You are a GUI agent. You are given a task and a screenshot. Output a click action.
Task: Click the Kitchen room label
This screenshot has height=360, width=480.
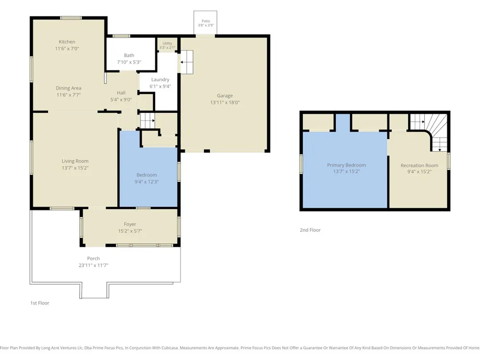click(67, 42)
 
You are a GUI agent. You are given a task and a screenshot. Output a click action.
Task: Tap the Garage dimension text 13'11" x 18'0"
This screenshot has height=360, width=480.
click(225, 103)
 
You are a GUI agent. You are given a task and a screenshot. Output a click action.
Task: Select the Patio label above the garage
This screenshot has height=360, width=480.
click(206, 21)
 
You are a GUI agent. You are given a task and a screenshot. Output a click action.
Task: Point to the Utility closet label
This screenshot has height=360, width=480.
click(167, 44)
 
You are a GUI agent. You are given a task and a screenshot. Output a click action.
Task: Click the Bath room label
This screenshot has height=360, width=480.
click(129, 55)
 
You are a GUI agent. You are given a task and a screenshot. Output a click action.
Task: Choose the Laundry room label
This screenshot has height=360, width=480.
click(160, 80)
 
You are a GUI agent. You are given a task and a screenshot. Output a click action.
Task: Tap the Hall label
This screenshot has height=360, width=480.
click(121, 93)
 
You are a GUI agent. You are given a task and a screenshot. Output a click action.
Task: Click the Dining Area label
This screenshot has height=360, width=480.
click(68, 88)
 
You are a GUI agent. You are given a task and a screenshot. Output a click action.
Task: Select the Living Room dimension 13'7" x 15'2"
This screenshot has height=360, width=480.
click(75, 168)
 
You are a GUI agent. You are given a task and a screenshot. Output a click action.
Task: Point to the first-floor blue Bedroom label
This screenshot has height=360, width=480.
click(146, 175)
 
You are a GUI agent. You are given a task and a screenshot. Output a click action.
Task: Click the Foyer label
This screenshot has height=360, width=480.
click(130, 224)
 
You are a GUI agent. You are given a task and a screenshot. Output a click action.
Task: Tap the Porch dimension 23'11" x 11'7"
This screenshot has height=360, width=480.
click(94, 265)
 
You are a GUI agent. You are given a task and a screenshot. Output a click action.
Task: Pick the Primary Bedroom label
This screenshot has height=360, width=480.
click(346, 165)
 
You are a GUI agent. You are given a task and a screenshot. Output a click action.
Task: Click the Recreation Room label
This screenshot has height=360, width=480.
click(419, 165)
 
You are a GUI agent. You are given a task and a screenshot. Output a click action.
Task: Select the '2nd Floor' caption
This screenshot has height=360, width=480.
click(310, 230)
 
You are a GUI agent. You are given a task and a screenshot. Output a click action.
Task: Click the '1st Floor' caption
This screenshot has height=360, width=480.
click(39, 303)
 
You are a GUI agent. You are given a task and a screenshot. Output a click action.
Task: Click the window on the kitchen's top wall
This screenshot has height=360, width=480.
click(71, 18)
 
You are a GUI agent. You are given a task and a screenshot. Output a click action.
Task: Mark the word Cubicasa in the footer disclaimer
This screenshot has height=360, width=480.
click(168, 348)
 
